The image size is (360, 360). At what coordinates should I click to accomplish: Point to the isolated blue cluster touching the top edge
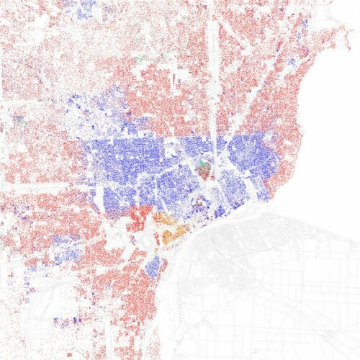[x=84, y=8]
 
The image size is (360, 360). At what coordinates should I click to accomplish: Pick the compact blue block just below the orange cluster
[x=153, y=267]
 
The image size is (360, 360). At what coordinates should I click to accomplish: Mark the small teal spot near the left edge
[x=18, y=115]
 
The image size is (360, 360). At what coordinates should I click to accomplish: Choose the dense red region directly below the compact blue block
[x=144, y=302]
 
